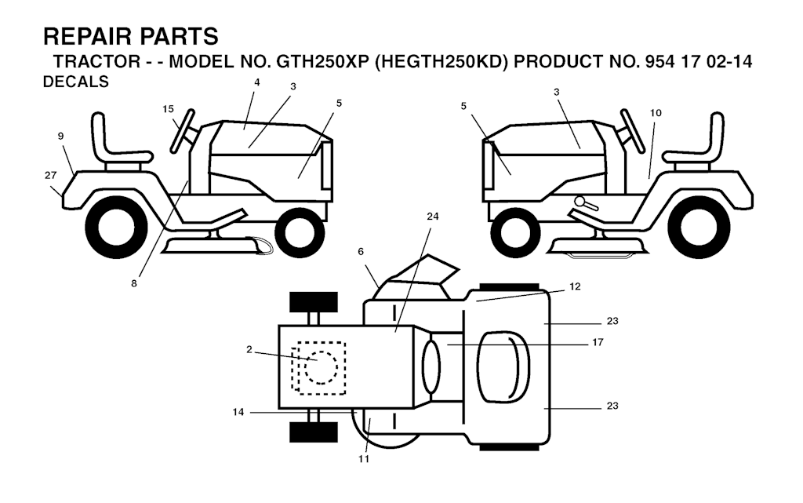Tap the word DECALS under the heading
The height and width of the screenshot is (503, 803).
tap(76, 82)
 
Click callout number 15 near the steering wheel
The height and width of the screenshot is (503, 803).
tap(168, 109)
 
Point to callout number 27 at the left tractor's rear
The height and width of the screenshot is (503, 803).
tap(50, 175)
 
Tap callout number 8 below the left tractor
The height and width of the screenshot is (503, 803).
tap(134, 283)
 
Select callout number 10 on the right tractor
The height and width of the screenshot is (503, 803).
tap(656, 113)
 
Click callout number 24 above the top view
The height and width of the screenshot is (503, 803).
tap(433, 217)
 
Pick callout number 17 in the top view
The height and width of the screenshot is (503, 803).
tap(598, 342)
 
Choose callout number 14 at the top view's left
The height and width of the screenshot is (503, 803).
tap(238, 412)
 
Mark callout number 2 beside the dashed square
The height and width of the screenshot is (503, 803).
tap(249, 349)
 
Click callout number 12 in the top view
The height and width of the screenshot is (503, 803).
tap(575, 287)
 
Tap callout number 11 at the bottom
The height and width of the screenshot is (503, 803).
tap(364, 459)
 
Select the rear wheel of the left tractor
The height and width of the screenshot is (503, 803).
tap(116, 227)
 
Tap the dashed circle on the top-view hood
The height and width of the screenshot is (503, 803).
tap(321, 366)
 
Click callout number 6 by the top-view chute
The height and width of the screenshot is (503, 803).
tap(361, 252)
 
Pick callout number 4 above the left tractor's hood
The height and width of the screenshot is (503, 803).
tap(257, 82)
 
